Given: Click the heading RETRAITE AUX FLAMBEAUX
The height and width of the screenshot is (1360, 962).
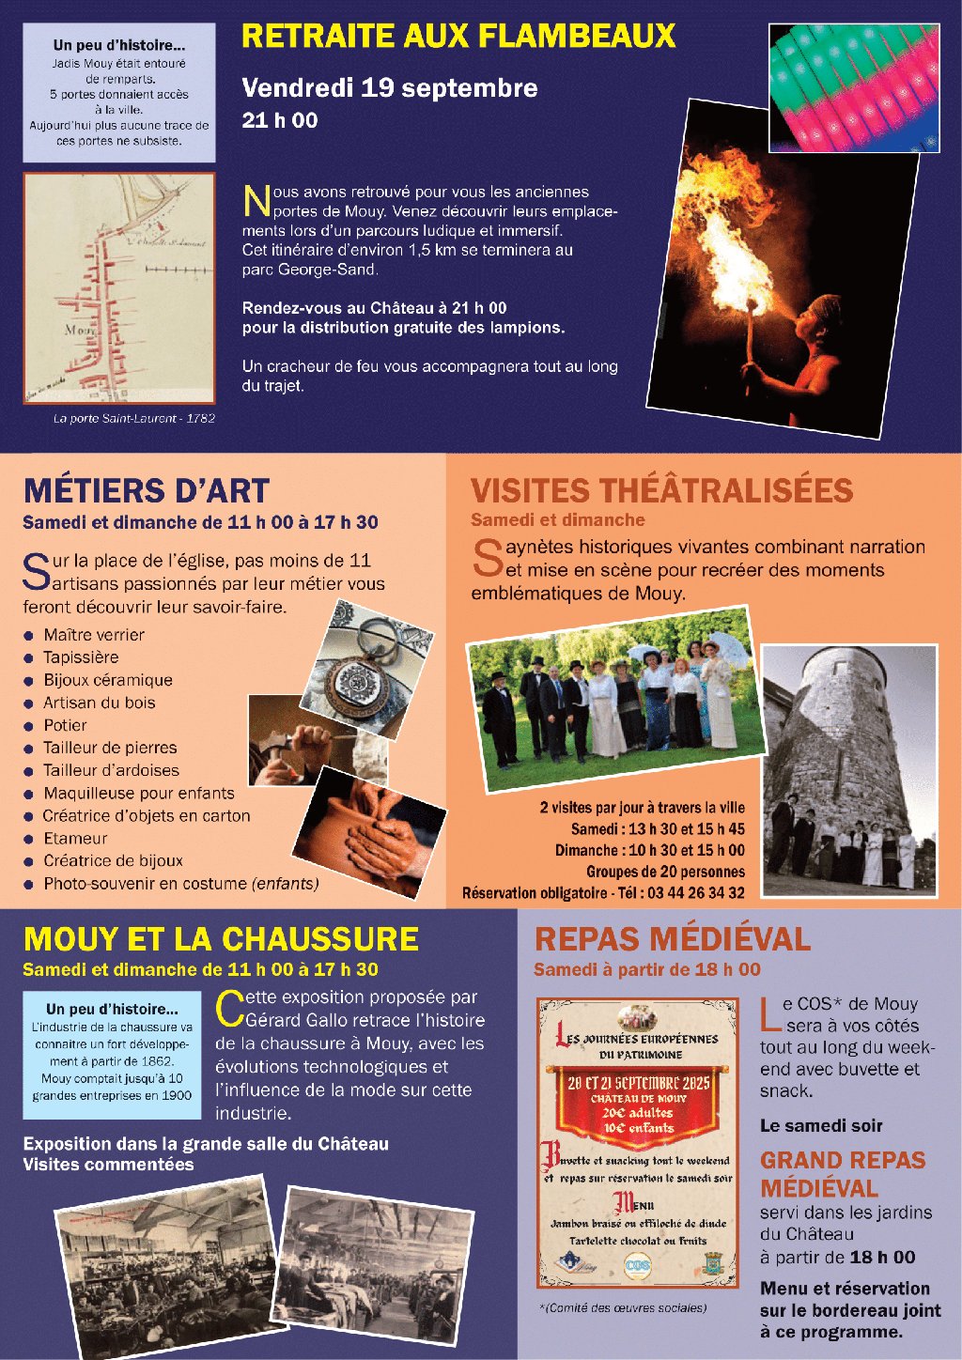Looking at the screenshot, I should (458, 37).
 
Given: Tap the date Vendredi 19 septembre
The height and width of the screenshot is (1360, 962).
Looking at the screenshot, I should (389, 88).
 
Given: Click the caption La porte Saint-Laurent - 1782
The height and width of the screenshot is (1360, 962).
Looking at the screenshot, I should (133, 418).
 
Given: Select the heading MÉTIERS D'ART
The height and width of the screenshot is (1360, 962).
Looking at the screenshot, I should (147, 491).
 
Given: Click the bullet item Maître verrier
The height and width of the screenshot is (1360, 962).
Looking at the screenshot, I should (94, 635).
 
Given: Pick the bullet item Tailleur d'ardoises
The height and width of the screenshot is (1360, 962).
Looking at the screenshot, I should (111, 770).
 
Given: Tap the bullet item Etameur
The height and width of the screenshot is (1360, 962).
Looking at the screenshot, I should (75, 839).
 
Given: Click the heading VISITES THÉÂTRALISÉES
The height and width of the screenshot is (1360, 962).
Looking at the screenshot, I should (661, 490).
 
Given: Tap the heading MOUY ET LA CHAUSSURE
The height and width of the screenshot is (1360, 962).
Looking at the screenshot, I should (221, 939).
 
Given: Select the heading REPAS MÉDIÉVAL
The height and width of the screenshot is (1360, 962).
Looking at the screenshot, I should (672, 939).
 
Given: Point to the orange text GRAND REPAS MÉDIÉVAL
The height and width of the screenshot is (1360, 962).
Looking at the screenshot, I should (843, 1174).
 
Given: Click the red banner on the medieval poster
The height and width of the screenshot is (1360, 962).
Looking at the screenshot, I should (639, 1104).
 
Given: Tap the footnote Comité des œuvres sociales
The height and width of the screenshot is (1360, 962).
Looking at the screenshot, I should (624, 1308).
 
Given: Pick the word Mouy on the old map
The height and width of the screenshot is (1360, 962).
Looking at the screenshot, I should (79, 331).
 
